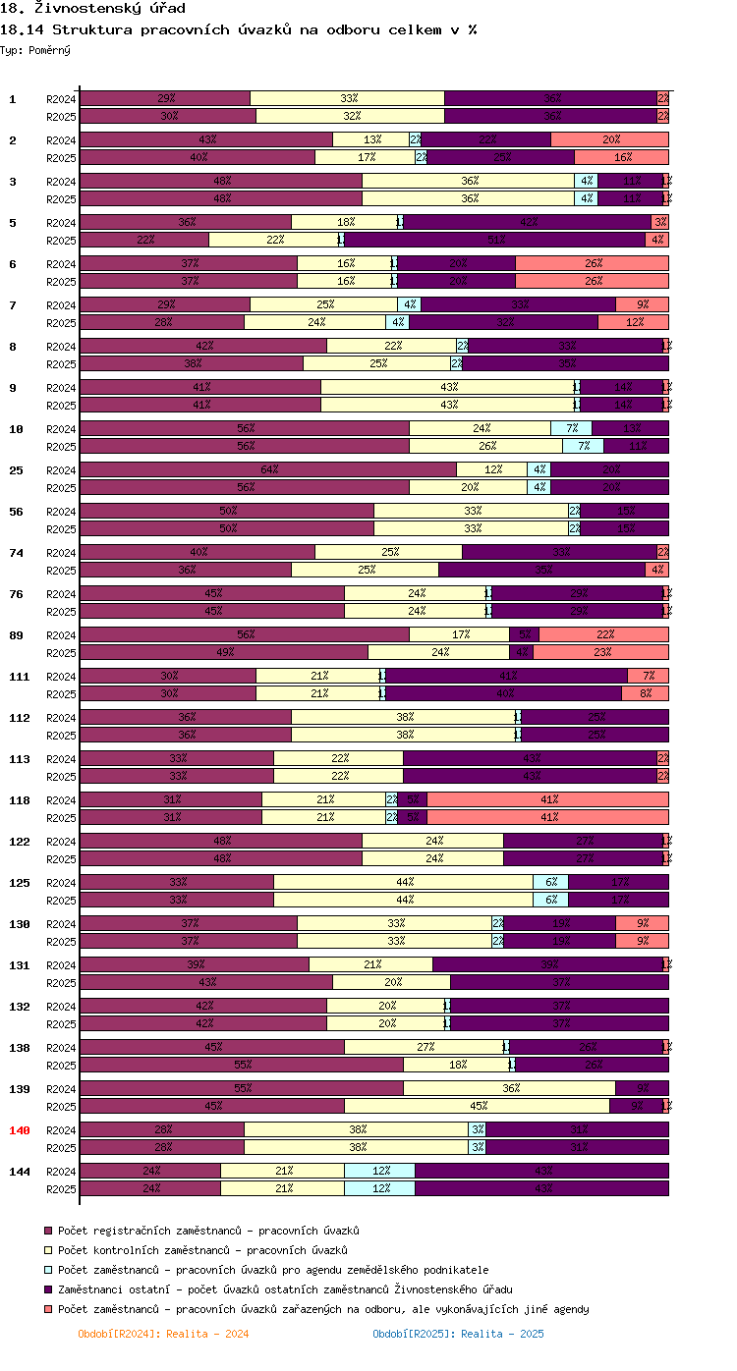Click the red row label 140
tap(20, 1130)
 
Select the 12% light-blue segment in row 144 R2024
tap(379, 1172)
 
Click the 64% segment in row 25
tap(267, 470)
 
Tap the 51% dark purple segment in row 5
tap(494, 241)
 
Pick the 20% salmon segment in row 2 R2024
tap(609, 140)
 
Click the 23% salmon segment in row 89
tap(600, 653)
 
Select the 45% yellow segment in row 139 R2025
tap(477, 1107)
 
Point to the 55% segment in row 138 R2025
tap(241, 1066)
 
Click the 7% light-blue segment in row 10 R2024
tap(571, 429)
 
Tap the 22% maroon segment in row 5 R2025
tap(144, 241)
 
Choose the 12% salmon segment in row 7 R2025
tap(633, 323)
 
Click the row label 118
tap(20, 800)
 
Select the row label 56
tap(16, 512)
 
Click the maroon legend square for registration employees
tap(47, 1231)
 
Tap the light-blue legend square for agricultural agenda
tap(47, 1270)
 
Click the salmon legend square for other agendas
tap(47, 1309)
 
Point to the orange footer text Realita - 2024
tap(163, 1334)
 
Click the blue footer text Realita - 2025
tap(458, 1334)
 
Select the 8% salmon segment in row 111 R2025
tap(645, 694)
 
